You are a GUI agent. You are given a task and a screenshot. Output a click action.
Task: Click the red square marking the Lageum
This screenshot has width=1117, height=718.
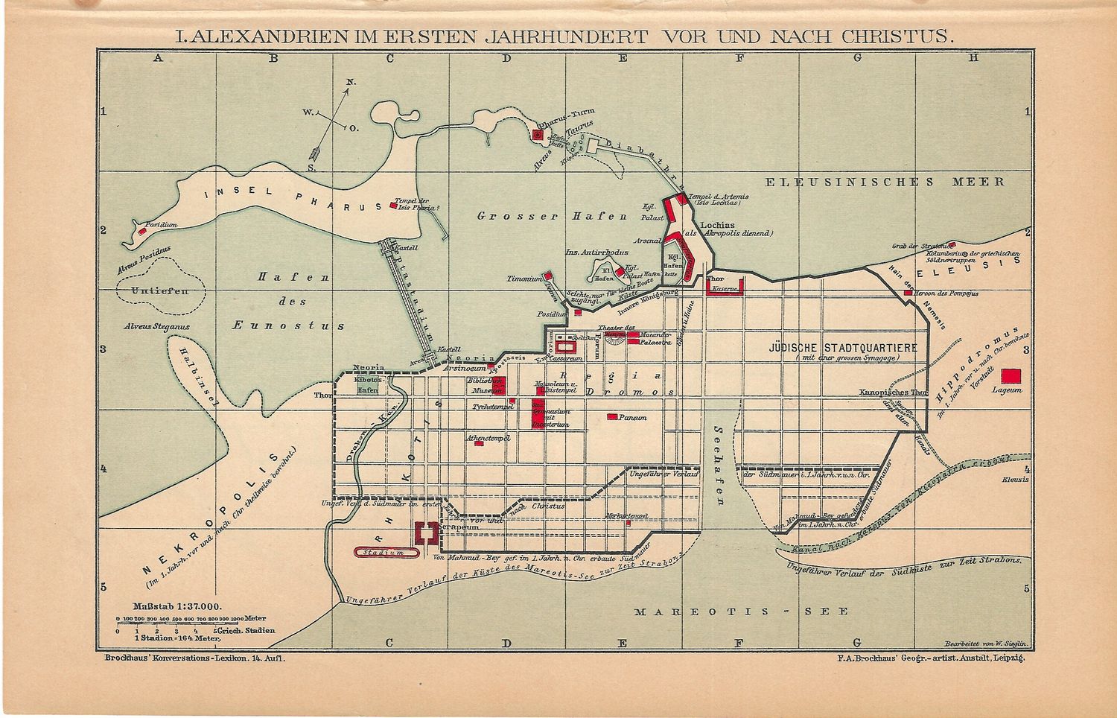click(1011, 376)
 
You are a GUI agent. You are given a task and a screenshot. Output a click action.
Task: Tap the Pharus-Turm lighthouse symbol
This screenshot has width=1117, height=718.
click(537, 135)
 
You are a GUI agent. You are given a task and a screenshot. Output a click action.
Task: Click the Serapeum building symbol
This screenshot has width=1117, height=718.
click(425, 532)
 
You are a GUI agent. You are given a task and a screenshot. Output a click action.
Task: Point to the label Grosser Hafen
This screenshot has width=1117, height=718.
click(552, 217)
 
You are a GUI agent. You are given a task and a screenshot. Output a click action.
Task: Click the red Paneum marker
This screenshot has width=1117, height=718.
click(612, 417)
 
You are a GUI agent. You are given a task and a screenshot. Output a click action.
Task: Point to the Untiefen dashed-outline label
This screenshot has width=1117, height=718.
click(159, 291)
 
